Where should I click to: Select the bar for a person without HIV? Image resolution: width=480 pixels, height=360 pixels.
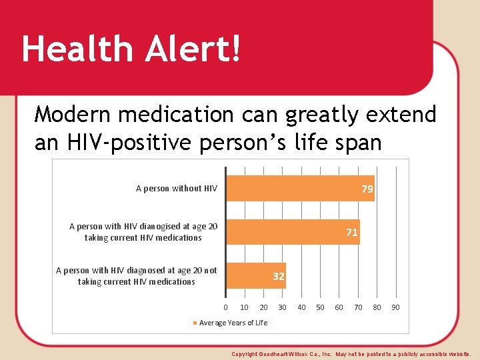(x=300, y=189)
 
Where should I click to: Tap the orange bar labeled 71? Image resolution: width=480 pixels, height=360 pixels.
(x=293, y=232)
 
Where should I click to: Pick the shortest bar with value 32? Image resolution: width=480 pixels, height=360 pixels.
(x=256, y=276)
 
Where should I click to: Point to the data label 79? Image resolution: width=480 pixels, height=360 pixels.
(x=367, y=189)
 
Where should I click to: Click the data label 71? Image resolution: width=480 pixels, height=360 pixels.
(x=352, y=233)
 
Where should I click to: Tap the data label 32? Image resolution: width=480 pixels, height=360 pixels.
(x=279, y=276)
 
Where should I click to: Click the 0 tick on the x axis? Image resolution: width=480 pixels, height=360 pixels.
(x=226, y=307)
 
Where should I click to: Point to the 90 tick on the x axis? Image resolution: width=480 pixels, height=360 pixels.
(x=396, y=307)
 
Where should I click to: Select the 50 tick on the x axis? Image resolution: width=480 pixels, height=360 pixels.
(x=321, y=307)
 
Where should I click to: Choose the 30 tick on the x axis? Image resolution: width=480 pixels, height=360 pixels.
(x=283, y=307)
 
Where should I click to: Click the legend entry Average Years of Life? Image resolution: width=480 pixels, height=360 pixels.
(x=233, y=323)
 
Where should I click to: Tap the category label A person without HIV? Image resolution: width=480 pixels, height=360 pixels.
(x=177, y=189)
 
